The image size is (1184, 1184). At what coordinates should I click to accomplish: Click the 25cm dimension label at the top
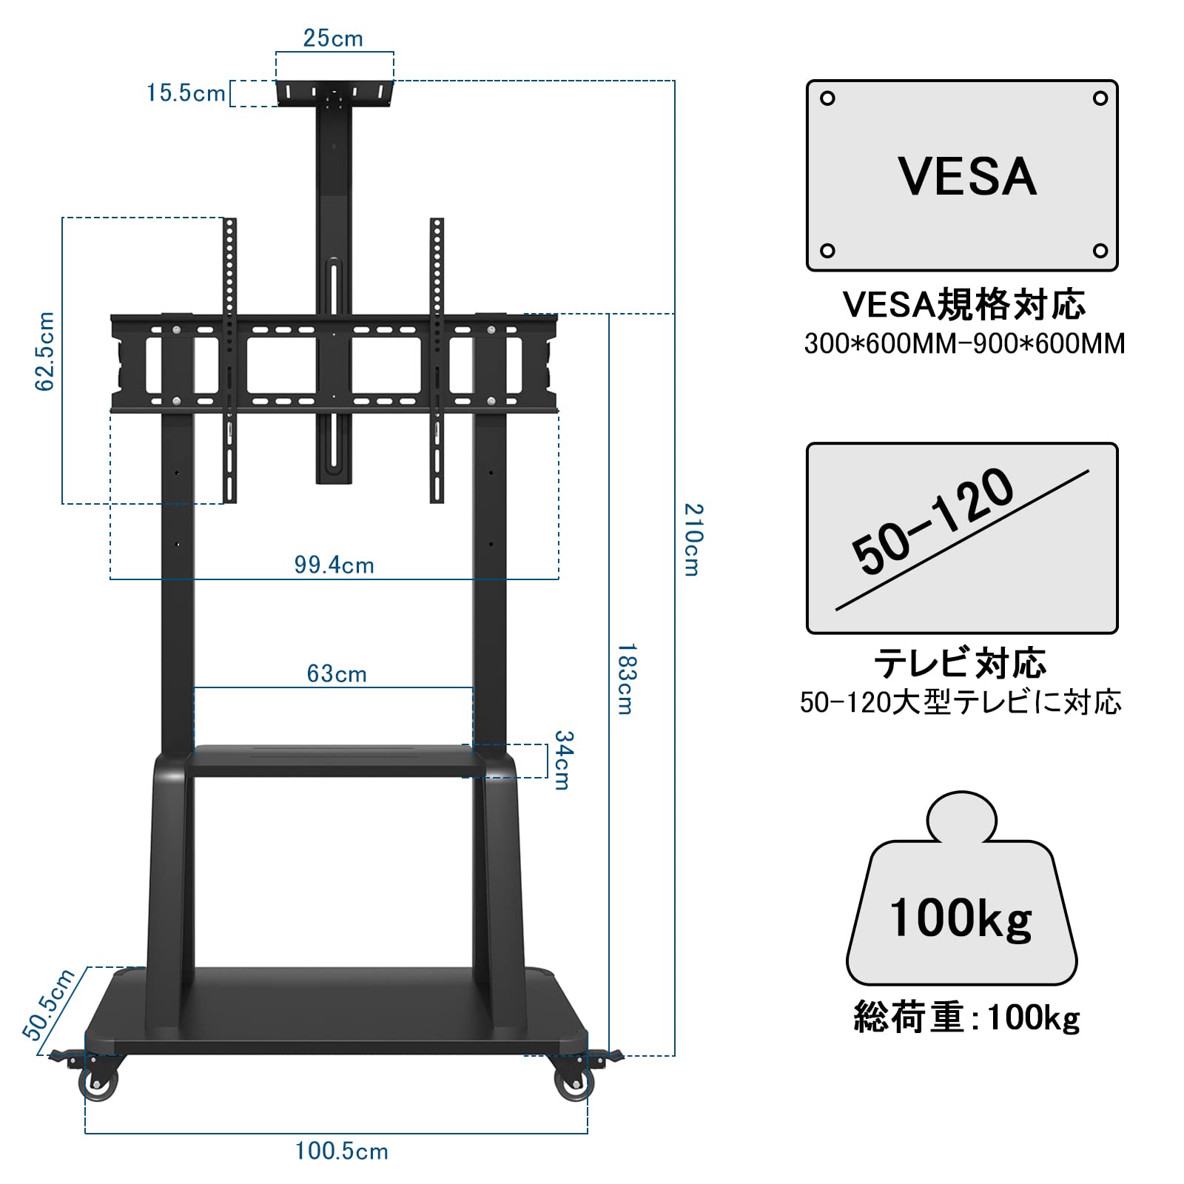[333, 38]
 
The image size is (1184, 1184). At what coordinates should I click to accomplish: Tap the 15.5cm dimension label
[186, 93]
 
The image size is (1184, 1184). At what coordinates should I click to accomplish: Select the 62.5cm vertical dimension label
[45, 351]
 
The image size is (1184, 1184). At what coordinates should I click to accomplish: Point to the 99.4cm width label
[334, 565]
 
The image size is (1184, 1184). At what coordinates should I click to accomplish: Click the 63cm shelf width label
[337, 674]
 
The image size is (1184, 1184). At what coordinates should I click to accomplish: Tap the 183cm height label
[626, 679]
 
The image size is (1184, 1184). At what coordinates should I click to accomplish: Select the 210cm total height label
[693, 539]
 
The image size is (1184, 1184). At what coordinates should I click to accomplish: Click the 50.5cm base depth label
[49, 1004]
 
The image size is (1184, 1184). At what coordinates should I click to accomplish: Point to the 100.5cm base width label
[342, 1151]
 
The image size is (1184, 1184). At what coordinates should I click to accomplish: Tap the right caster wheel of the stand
[573, 1085]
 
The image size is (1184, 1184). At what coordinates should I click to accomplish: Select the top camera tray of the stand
[334, 93]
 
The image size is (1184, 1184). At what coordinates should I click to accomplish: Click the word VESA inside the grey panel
[967, 177]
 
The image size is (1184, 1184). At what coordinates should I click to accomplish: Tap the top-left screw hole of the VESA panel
[828, 98]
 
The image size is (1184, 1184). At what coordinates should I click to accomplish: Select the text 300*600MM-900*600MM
[964, 344]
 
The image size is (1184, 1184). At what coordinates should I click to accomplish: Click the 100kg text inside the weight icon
[961, 918]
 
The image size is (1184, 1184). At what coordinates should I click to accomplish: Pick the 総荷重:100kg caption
[966, 1017]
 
